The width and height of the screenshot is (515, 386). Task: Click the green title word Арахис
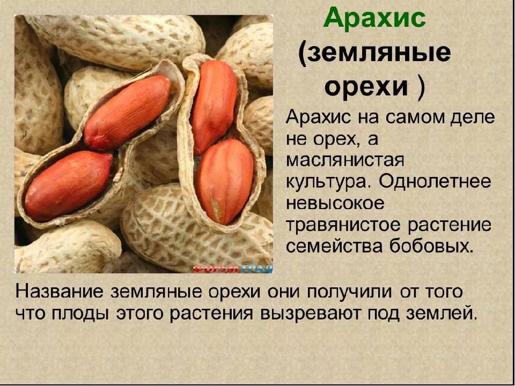click(375, 19)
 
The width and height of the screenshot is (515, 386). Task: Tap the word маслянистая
click(344, 160)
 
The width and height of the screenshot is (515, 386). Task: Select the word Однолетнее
click(435, 182)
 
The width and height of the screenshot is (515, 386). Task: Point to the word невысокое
click(335, 204)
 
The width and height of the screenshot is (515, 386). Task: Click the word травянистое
click(342, 226)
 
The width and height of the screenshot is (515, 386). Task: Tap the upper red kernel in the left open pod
click(128, 112)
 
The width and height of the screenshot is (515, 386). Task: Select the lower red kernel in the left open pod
click(69, 185)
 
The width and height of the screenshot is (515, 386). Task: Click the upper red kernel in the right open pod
click(215, 106)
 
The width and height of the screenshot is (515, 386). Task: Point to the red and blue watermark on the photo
click(232, 269)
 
